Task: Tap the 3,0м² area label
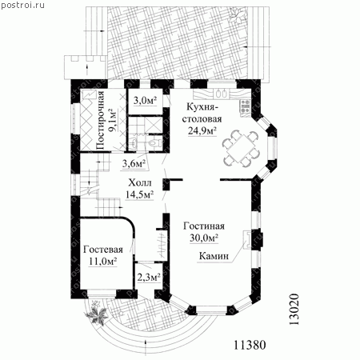pos(145,100)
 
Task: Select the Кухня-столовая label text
pos(202,113)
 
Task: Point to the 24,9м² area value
pos(202,130)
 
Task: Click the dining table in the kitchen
pos(241,148)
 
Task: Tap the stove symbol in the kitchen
pos(246,106)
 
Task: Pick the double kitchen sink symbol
pos(222,94)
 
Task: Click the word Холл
pos(140,182)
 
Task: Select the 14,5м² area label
pos(139,194)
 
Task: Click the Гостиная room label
pos(204,226)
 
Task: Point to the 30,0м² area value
pos(204,238)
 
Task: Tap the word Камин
pos(214,256)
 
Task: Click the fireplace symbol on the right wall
pos(248,239)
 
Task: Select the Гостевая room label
pos(103,250)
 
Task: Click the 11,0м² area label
pos(103,262)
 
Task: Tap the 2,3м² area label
pos(149,278)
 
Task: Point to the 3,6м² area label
pos(134,163)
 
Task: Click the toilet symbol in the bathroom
pos(154,142)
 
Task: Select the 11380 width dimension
pos(250,345)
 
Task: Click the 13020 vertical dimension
pos(294,310)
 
